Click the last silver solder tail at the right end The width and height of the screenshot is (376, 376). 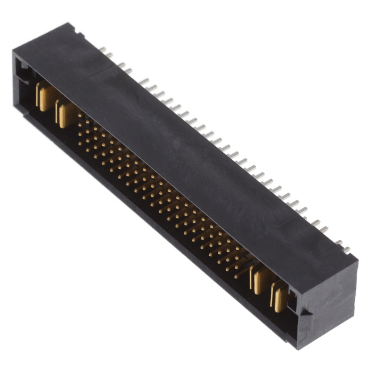pyautogui.click(x=347, y=249)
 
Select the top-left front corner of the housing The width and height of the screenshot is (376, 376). pyautogui.click(x=14, y=53)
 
